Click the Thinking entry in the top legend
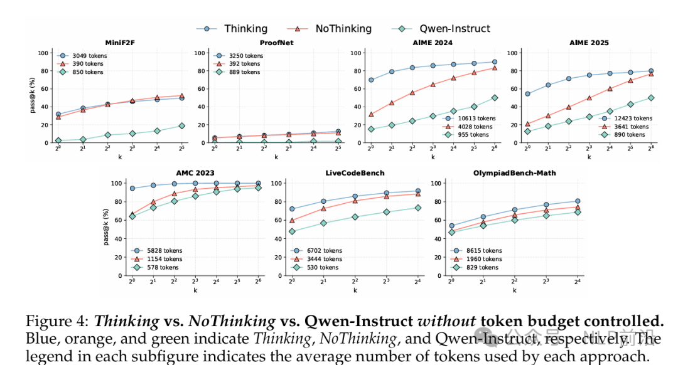click(x=245, y=29)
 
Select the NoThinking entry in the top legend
click(x=343, y=29)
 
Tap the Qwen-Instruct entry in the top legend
click(x=455, y=29)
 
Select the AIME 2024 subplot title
click(x=433, y=43)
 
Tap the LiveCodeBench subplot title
click(x=355, y=172)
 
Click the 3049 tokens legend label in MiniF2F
click(x=89, y=56)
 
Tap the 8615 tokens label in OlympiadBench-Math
click(x=484, y=251)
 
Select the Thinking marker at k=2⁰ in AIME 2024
click(x=371, y=80)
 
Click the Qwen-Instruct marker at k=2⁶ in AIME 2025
click(x=651, y=98)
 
